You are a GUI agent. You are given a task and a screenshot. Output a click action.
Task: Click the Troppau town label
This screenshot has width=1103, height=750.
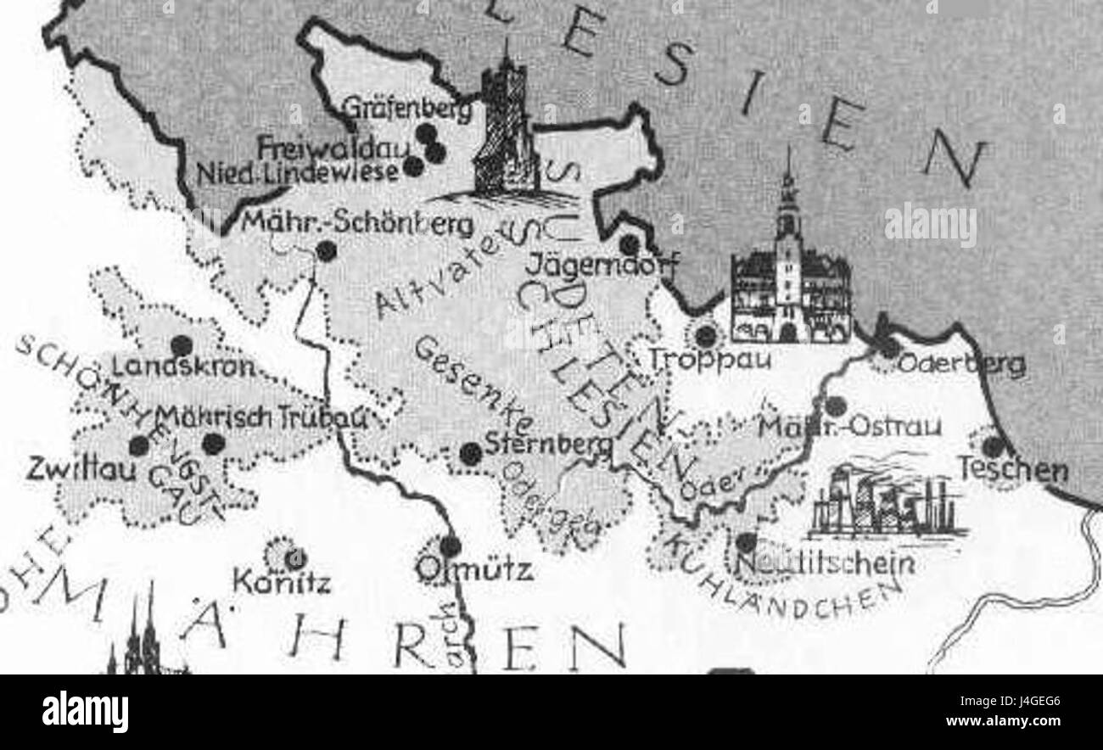709,359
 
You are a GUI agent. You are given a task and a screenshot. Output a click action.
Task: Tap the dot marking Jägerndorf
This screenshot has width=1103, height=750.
629,245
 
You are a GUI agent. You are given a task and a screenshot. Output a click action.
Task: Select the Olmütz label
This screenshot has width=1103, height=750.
476,568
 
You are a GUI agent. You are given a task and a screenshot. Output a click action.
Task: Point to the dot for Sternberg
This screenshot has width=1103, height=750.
471,454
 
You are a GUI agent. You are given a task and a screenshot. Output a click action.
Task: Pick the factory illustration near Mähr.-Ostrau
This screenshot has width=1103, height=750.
886,503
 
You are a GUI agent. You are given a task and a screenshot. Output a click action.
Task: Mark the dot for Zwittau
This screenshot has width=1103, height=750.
138,445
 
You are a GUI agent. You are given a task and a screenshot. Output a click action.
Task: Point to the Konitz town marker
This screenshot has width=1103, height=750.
294,559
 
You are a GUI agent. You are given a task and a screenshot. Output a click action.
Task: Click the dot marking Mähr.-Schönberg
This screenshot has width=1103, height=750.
326,250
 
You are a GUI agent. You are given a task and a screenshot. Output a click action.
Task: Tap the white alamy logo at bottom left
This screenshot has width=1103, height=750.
85,711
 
